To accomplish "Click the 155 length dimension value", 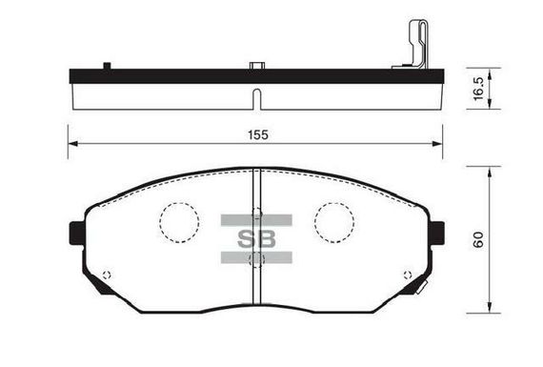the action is coord(258,134).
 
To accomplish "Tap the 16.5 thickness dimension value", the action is coord(478,89).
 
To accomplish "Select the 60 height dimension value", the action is coord(478,239).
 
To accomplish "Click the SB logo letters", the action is coord(256,239).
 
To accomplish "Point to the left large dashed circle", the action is coord(179,222).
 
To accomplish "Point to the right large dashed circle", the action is coord(334,222).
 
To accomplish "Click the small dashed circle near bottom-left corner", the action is coord(107,275).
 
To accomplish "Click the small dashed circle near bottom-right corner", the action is coord(408,275).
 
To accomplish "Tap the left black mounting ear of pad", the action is coord(77,233).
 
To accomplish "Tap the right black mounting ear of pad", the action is coord(437,233).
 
